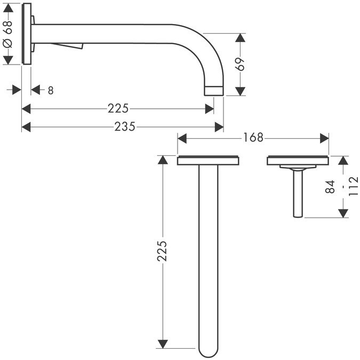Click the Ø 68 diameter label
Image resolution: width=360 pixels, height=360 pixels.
(x=8, y=34)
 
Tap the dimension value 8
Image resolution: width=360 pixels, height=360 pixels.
(x=50, y=90)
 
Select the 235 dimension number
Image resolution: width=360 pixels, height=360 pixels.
(x=124, y=126)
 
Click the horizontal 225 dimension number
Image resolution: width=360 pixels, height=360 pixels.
(x=118, y=109)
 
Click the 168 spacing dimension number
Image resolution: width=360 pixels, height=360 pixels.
(x=253, y=138)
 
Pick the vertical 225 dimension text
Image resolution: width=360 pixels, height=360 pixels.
(x=163, y=251)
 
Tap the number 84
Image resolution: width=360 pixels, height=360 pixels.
(x=330, y=186)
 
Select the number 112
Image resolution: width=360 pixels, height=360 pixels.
(x=352, y=187)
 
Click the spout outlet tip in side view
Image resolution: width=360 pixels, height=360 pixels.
(x=214, y=90)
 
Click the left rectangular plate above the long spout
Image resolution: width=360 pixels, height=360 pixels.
(x=207, y=160)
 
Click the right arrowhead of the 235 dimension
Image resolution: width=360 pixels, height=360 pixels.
(x=219, y=126)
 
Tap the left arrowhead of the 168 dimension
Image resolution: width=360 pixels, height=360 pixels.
(x=181, y=138)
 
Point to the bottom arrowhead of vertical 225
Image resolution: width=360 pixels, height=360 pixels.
(x=163, y=342)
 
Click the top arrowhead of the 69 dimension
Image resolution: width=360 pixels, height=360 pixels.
(x=240, y=38)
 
